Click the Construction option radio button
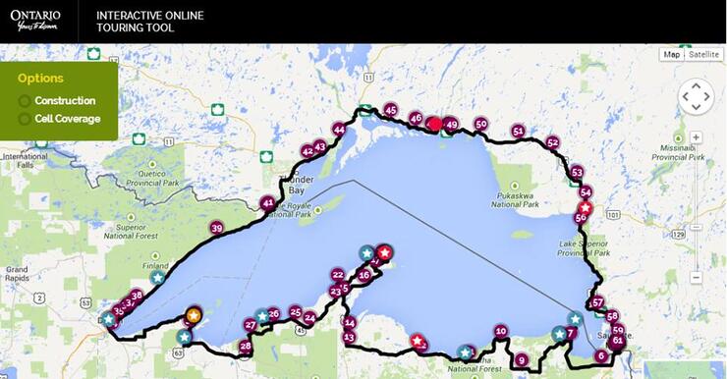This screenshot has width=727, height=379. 25,101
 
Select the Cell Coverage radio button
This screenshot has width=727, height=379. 25,119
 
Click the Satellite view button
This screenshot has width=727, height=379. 703,54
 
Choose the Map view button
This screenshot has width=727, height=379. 672,54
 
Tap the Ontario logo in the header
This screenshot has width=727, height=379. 35,21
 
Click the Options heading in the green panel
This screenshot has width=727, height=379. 40,79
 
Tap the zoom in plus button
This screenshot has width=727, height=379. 696,137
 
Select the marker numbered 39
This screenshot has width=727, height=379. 217,228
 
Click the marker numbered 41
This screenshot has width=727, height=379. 268,203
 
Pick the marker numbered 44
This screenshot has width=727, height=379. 339,130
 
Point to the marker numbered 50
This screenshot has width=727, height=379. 480,125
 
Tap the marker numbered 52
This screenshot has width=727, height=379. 552,142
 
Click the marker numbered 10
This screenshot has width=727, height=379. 501,332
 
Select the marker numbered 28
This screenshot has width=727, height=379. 246,346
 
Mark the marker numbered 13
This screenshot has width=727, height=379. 349,337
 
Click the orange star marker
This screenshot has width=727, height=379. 195,315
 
